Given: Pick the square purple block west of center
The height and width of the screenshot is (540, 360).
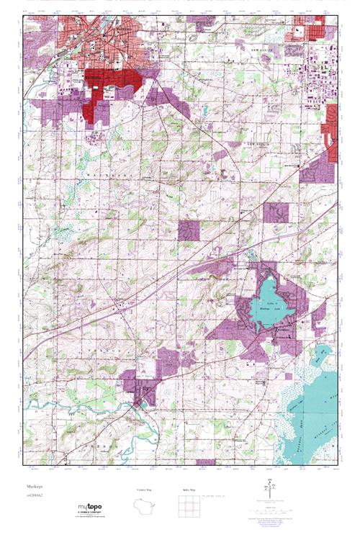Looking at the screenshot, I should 189,230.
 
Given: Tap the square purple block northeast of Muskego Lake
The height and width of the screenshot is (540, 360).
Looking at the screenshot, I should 275,212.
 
